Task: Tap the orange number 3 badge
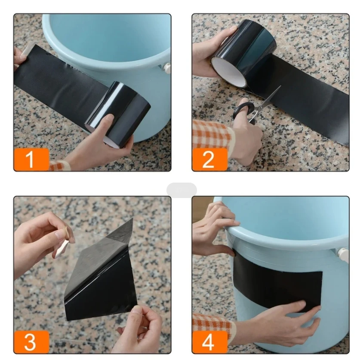[30, 342]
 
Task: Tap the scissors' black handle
[244, 110]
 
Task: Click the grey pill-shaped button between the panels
[181, 189]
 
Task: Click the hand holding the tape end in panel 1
[19, 55]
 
